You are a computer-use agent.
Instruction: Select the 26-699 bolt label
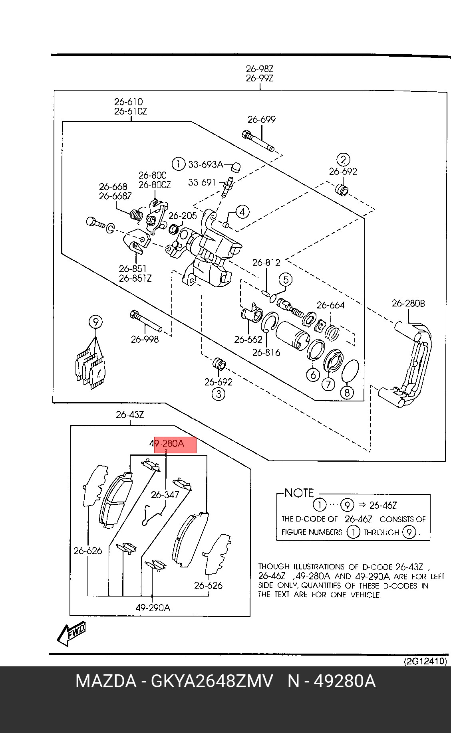click(x=261, y=119)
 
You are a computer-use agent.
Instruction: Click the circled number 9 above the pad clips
click(x=96, y=322)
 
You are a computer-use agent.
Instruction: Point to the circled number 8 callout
click(x=346, y=393)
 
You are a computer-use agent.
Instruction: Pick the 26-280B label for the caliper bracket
click(x=408, y=303)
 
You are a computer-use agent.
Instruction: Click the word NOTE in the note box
click(x=299, y=493)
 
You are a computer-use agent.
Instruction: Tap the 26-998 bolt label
click(x=145, y=339)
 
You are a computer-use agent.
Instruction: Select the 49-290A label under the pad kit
click(x=153, y=608)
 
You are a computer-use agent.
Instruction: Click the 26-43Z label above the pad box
click(x=130, y=415)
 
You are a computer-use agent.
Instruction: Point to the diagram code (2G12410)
click(x=425, y=661)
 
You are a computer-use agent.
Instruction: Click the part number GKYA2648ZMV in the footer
click(x=212, y=682)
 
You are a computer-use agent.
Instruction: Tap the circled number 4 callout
click(x=242, y=211)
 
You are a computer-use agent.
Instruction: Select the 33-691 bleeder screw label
click(x=202, y=182)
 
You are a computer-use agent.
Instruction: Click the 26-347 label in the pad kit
click(x=165, y=495)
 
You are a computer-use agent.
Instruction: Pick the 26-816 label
click(x=266, y=352)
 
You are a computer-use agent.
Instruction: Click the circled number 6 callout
click(x=313, y=374)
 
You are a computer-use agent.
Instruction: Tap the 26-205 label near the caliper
click(x=183, y=215)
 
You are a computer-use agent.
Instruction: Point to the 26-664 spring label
click(x=330, y=305)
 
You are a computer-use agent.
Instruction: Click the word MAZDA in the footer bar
click(x=105, y=682)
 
